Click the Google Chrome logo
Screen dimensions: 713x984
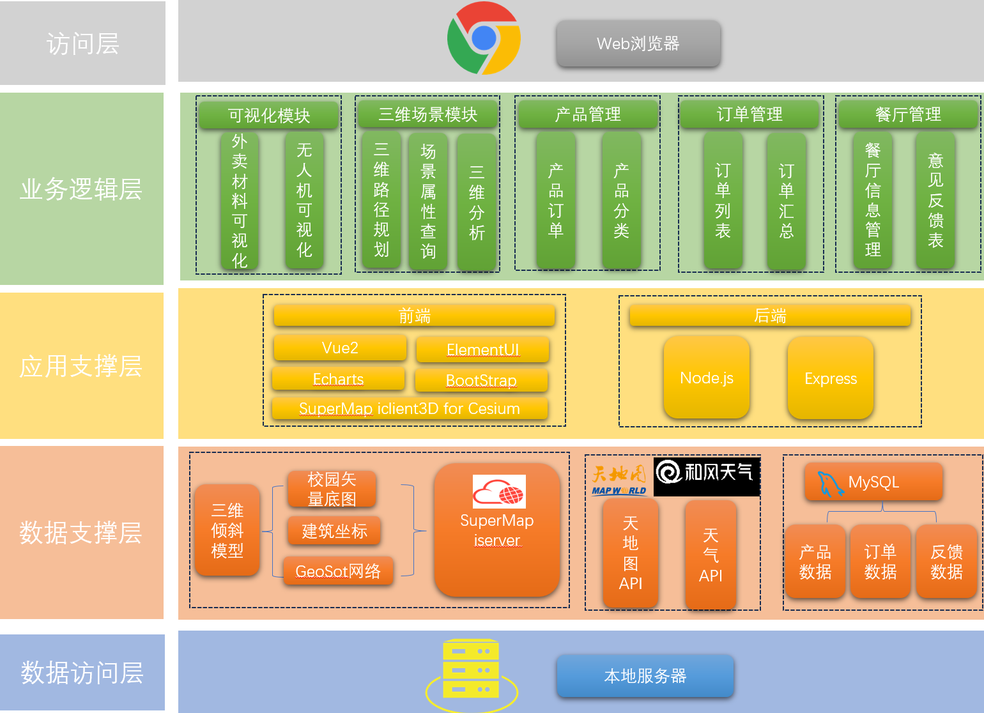(484, 38)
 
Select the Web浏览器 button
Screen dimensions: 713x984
(638, 43)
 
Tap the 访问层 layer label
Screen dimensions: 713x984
(82, 43)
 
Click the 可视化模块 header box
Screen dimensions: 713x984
(268, 116)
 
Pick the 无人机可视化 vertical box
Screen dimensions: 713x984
(304, 200)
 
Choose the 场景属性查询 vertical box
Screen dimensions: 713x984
(428, 201)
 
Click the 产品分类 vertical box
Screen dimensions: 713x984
(621, 200)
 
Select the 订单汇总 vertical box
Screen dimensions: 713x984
(786, 200)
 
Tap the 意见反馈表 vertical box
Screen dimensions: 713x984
(935, 200)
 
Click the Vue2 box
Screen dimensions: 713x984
(340, 348)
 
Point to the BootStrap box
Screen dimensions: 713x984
(481, 381)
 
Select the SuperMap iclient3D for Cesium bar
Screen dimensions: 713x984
(410, 409)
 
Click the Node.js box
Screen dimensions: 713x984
(706, 378)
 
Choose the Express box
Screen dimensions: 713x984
(830, 378)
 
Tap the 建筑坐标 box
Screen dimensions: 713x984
(334, 531)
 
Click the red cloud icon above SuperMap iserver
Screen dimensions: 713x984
(498, 491)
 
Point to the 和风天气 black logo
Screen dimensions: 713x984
(706, 476)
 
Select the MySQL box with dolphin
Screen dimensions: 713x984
(873, 482)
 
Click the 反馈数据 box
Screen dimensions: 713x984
(946, 562)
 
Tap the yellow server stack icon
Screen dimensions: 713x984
(471, 670)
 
